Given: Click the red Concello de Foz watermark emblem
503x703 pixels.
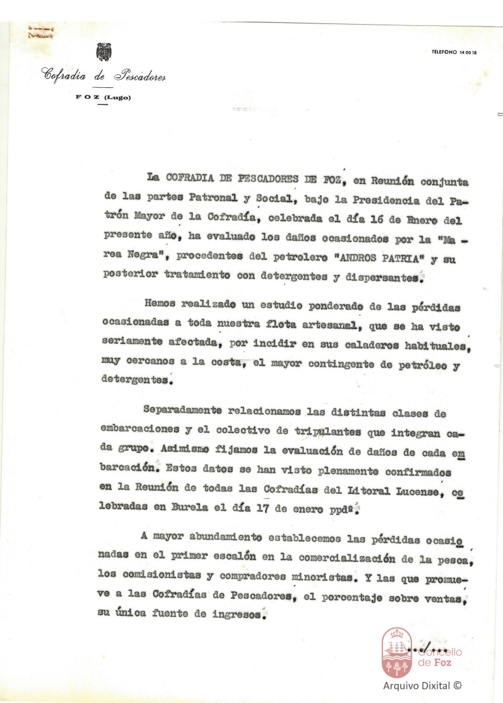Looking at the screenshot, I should [396, 651].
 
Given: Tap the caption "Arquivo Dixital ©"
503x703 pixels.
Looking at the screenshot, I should [422, 685].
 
